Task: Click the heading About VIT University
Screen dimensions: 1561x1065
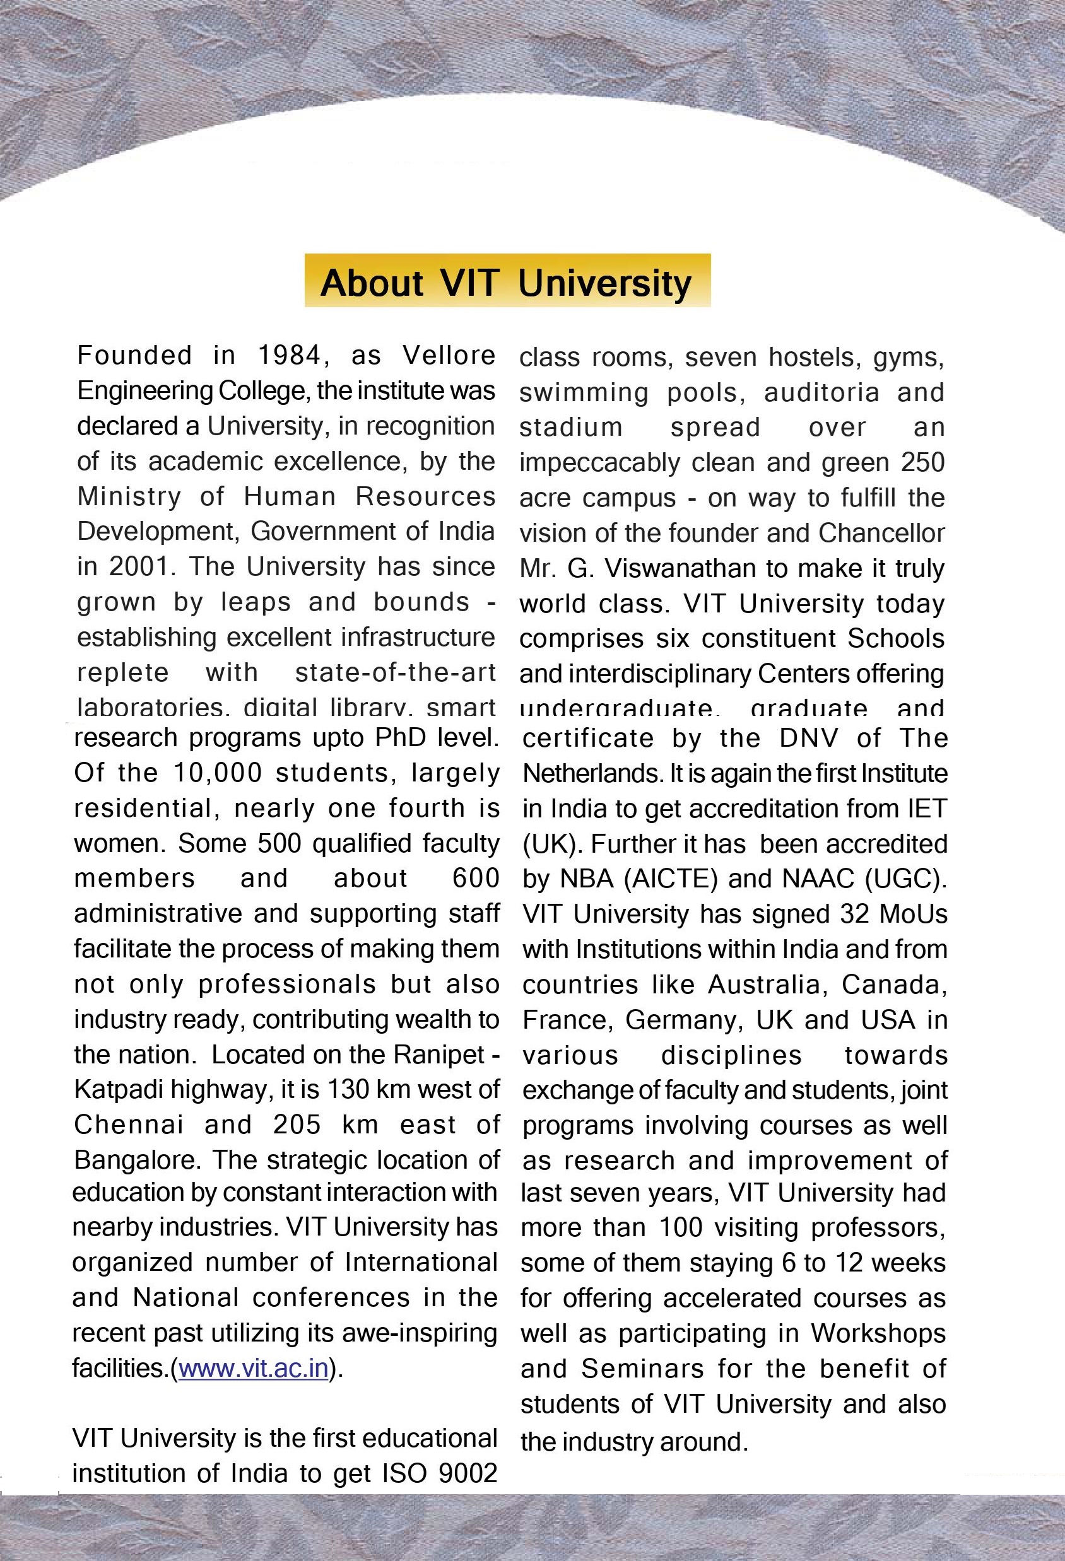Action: (507, 281)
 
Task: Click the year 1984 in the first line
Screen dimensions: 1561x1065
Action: (290, 355)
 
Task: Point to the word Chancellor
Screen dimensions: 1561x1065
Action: (881, 533)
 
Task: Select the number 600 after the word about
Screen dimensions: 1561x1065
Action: (476, 878)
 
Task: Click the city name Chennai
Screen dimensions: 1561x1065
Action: (128, 1125)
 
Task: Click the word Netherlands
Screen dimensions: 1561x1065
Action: (592, 773)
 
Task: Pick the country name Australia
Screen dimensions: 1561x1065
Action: (764, 984)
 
